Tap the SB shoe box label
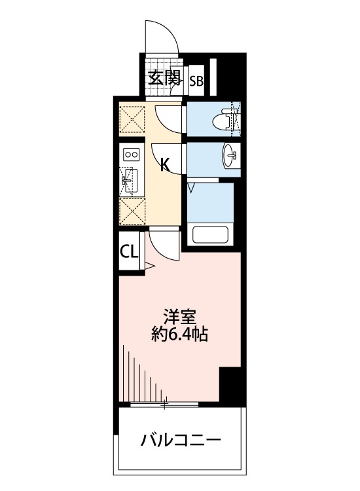pyautogui.click(x=197, y=82)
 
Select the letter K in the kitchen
pyautogui.click(x=165, y=164)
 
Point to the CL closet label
pyautogui.click(x=129, y=251)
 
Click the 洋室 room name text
pyautogui.click(x=180, y=318)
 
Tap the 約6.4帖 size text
pyautogui.click(x=179, y=335)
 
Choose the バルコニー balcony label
pyautogui.click(x=181, y=441)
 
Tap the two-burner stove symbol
pyautogui.click(x=132, y=155)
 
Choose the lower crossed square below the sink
pyautogui.click(x=132, y=212)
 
